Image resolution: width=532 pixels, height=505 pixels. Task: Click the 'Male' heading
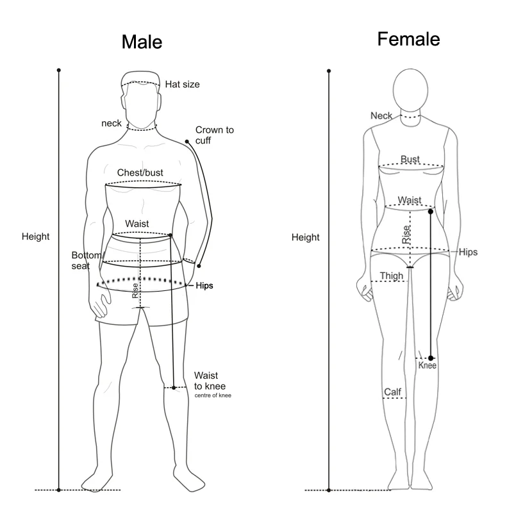pos(142,43)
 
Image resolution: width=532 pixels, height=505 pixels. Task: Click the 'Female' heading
pos(408,39)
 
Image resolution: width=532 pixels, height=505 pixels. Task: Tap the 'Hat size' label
pos(183,84)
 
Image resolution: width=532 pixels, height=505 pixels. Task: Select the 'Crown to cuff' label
pos(214,135)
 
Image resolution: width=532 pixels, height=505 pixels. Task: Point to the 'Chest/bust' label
pos(140,173)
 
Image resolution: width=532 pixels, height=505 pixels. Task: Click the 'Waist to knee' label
pos(210,381)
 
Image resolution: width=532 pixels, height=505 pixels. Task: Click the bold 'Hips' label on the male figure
pos(204,286)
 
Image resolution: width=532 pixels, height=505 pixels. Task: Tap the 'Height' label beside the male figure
pos(35,236)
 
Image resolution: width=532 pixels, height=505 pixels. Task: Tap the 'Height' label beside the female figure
pos(305,237)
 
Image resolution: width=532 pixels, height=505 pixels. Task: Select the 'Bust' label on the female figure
pos(410,159)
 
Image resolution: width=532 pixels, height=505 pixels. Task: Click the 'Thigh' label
pos(392,276)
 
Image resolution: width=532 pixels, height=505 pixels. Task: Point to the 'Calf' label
pos(392,392)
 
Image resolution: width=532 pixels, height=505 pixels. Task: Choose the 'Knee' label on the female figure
pos(427,365)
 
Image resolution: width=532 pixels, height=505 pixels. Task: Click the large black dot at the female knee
pos(431,358)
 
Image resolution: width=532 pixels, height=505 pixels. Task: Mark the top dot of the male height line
pos(59,69)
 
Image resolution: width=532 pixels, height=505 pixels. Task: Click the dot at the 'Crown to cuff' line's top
pos(187,141)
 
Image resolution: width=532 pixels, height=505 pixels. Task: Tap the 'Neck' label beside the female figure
pos(381,115)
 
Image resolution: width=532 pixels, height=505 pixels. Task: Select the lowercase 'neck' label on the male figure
pos(112,123)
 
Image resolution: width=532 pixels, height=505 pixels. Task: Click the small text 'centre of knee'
pos(213,395)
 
